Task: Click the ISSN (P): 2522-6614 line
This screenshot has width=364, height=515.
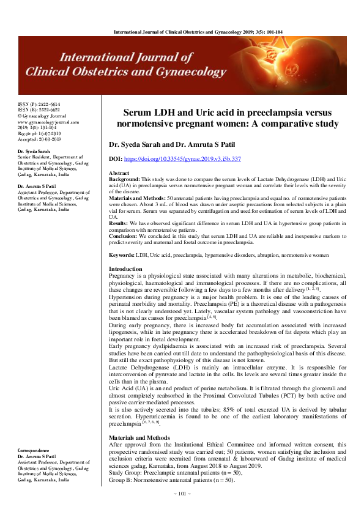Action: [39, 105]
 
